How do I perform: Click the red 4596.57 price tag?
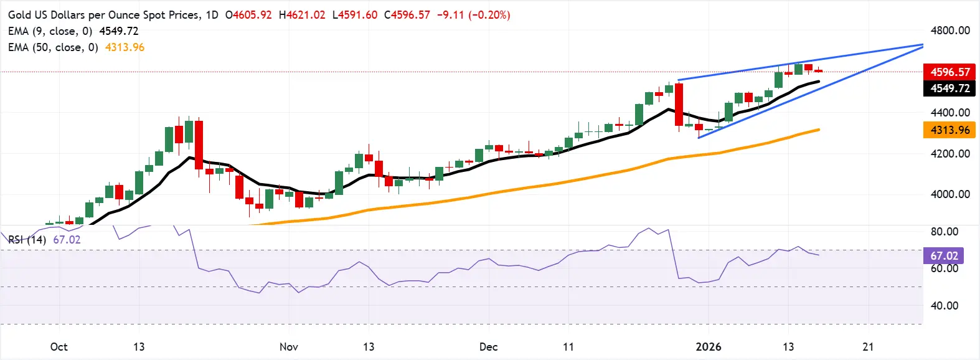[949, 72]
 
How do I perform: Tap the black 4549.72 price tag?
[949, 88]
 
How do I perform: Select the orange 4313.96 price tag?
[949, 130]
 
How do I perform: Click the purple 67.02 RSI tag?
[944, 256]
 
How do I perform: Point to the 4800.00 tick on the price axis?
[950, 31]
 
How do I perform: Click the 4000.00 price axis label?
[950, 194]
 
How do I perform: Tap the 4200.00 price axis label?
[950, 153]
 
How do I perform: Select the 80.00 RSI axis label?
[944, 232]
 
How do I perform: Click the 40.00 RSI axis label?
[944, 306]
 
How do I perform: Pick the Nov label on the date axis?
[288, 347]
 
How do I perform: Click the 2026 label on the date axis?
[708, 347]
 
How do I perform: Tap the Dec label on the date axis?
[488, 347]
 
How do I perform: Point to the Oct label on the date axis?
[59, 347]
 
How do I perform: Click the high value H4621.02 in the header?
[302, 14]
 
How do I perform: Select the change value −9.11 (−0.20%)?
[473, 14]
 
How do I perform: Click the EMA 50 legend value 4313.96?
[125, 47]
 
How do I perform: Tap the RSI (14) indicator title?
[27, 240]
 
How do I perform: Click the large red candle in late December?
[679, 105]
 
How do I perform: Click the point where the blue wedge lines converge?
[922, 45]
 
